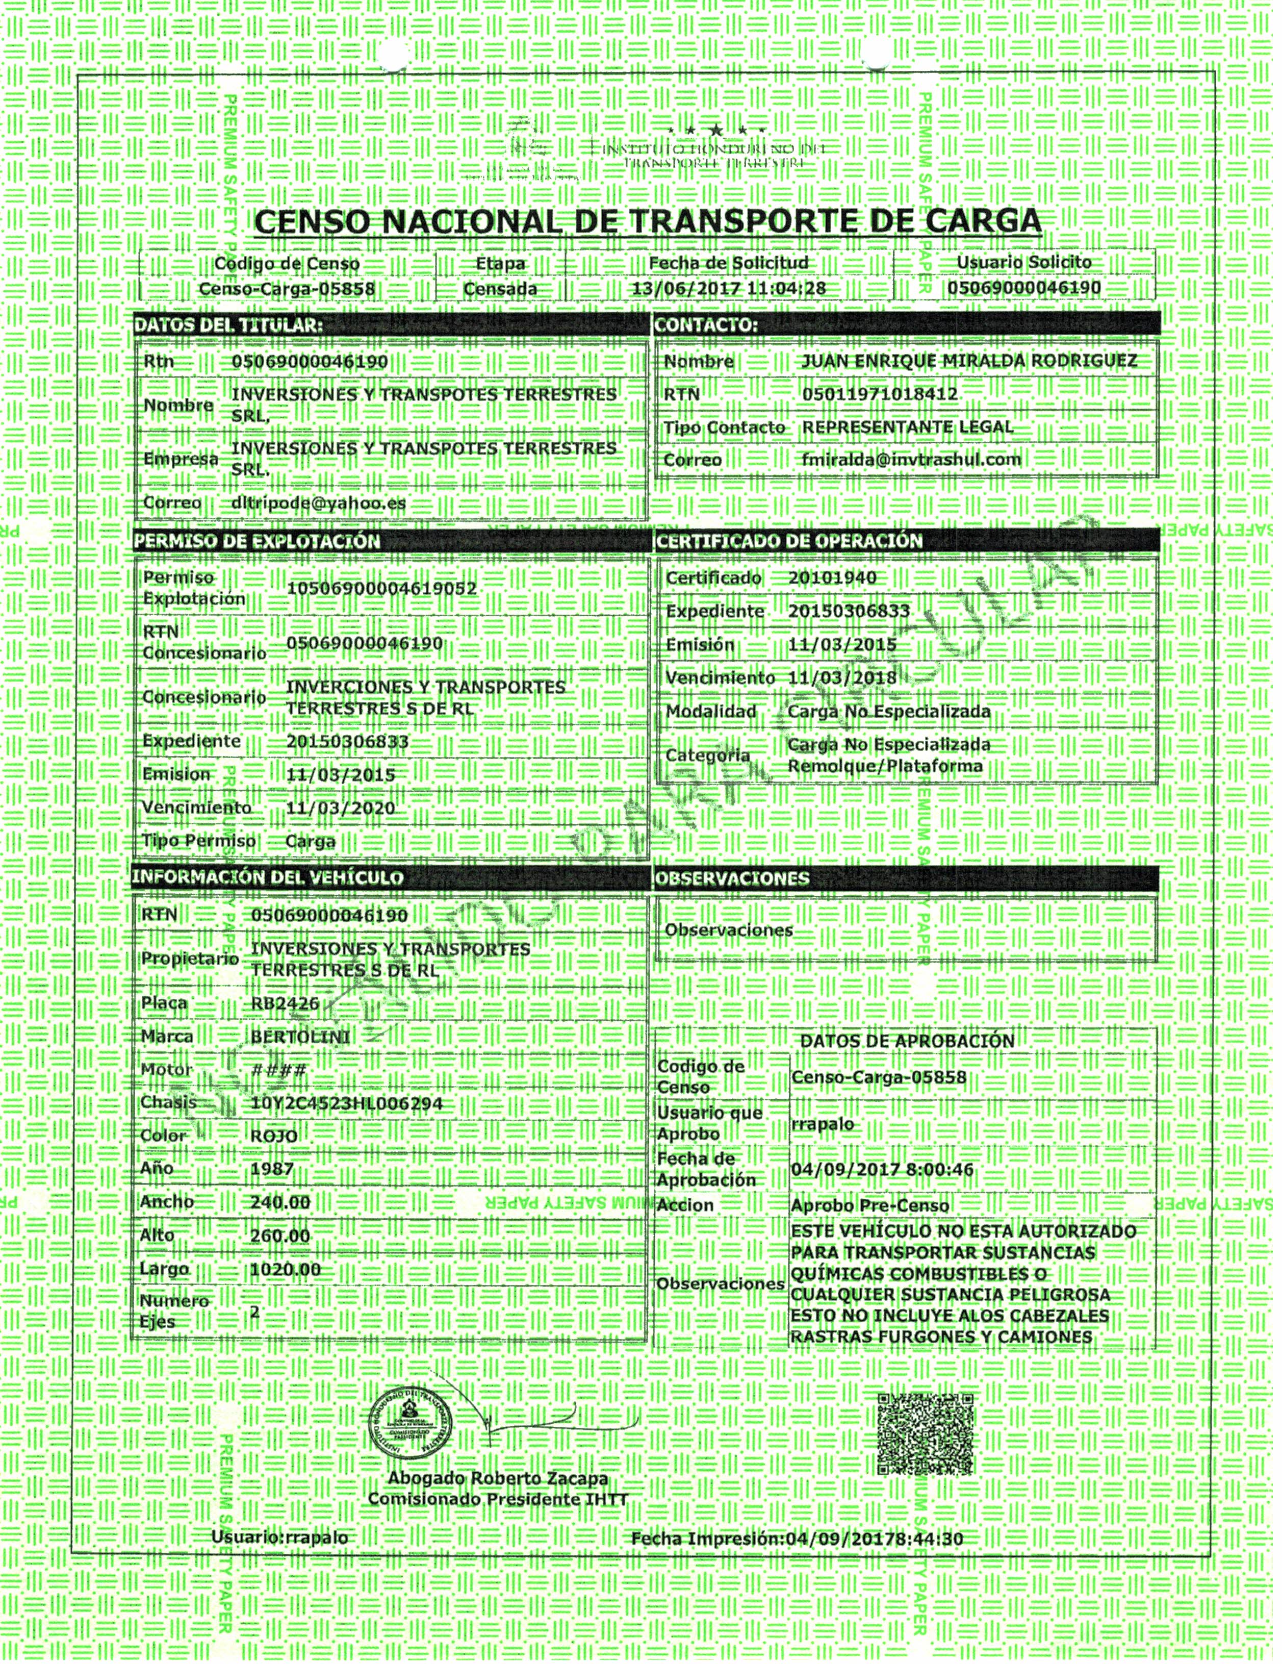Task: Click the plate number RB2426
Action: coord(285,1003)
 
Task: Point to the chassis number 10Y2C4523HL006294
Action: coord(347,1103)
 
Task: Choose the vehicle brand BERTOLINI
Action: coord(300,1037)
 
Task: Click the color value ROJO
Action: coord(274,1136)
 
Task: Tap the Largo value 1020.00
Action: coord(286,1269)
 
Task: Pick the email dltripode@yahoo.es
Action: coord(318,503)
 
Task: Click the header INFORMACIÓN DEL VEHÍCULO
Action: coord(268,878)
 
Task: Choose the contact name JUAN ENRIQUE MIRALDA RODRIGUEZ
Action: coord(969,361)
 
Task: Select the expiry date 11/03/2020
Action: coord(341,809)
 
